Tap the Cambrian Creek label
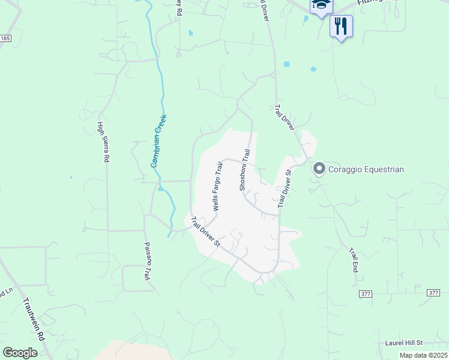[158, 140]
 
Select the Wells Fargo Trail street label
[218, 185]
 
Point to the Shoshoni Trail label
[244, 170]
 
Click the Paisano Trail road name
[146, 262]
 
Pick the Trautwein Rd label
[35, 320]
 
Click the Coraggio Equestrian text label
[366, 170]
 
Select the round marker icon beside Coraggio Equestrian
[319, 169]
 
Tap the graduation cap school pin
[321, 6]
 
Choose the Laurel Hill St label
[404, 343]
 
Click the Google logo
[20, 352]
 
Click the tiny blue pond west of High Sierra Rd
[71, 177]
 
